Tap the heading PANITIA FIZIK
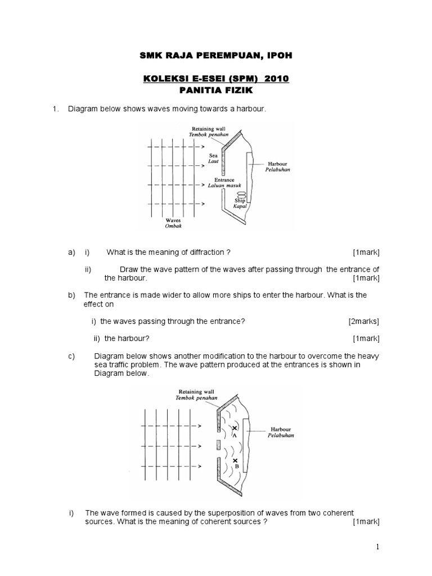click(217, 90)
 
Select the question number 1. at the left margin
click(55, 109)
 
